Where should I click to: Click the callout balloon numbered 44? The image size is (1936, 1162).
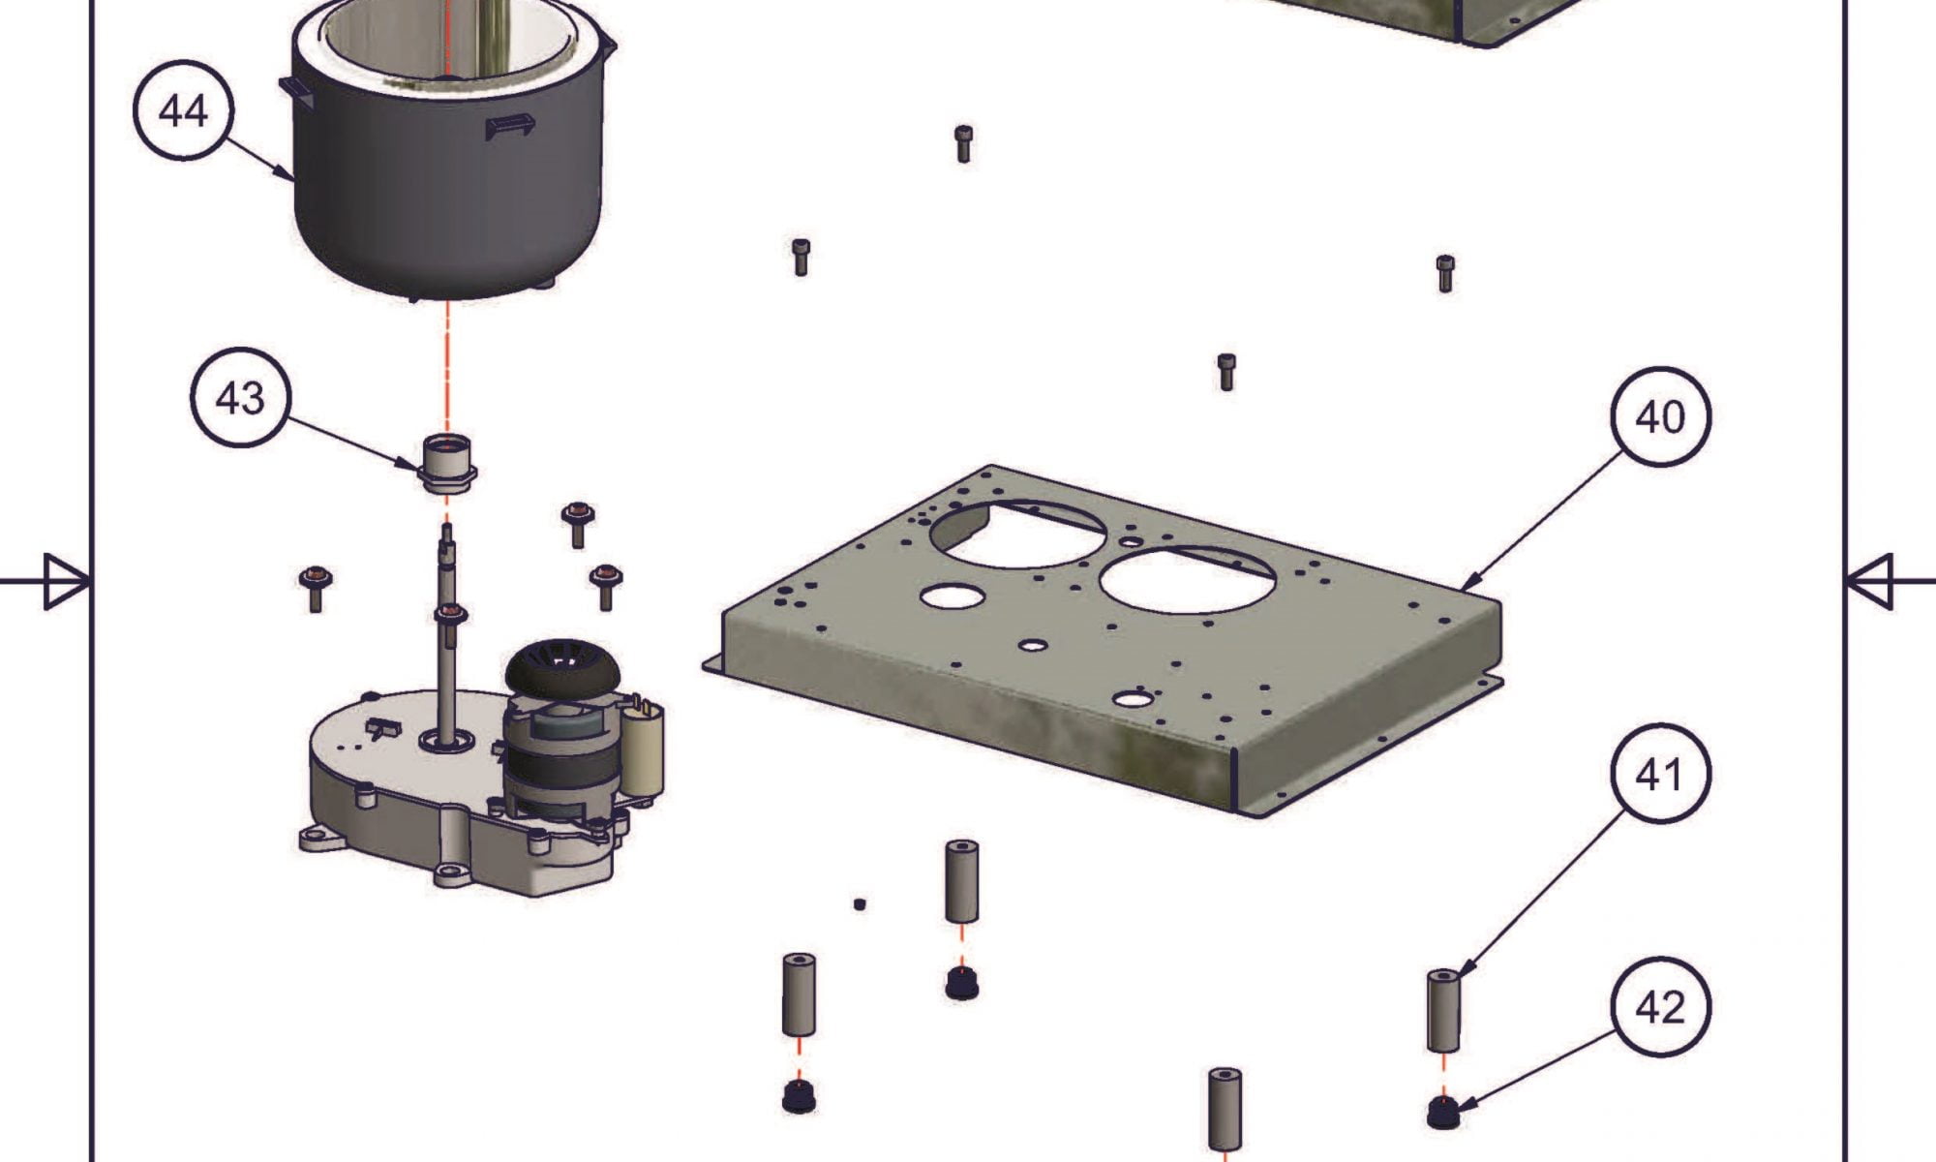click(x=183, y=109)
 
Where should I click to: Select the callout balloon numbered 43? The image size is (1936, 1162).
click(x=239, y=396)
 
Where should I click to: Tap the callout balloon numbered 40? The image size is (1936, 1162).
click(x=1660, y=416)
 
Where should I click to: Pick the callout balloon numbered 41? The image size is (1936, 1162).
click(x=1660, y=774)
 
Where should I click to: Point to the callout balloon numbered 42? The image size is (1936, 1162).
click(x=1660, y=1007)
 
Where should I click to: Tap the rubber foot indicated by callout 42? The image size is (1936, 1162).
click(x=1443, y=1112)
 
